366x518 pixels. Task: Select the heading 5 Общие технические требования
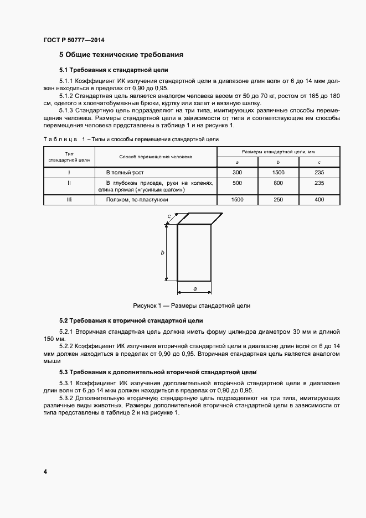click(121, 55)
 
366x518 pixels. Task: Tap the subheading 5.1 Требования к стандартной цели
click(114, 70)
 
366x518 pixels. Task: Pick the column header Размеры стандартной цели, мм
click(279, 151)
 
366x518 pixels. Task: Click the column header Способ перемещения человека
click(156, 157)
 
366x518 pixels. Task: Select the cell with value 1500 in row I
click(279, 173)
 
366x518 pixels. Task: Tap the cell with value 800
click(279, 183)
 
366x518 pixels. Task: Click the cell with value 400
click(319, 199)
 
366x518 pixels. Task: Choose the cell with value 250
click(279, 199)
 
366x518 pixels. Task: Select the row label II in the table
click(69, 183)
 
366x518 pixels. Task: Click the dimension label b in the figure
click(162, 252)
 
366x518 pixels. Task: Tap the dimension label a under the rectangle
click(194, 289)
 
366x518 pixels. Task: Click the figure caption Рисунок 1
click(192, 305)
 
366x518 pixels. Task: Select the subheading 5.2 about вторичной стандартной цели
click(131, 320)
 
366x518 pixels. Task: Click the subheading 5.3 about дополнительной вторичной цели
click(157, 372)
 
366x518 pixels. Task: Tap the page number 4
click(45, 472)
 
